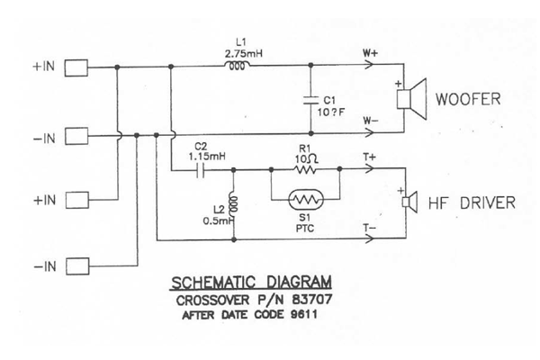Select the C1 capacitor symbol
click(310, 99)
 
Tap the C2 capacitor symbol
click(200, 168)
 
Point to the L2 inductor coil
click(233, 207)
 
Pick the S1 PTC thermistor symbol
click(306, 200)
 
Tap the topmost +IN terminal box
click(76, 67)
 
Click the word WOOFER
click(468, 100)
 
